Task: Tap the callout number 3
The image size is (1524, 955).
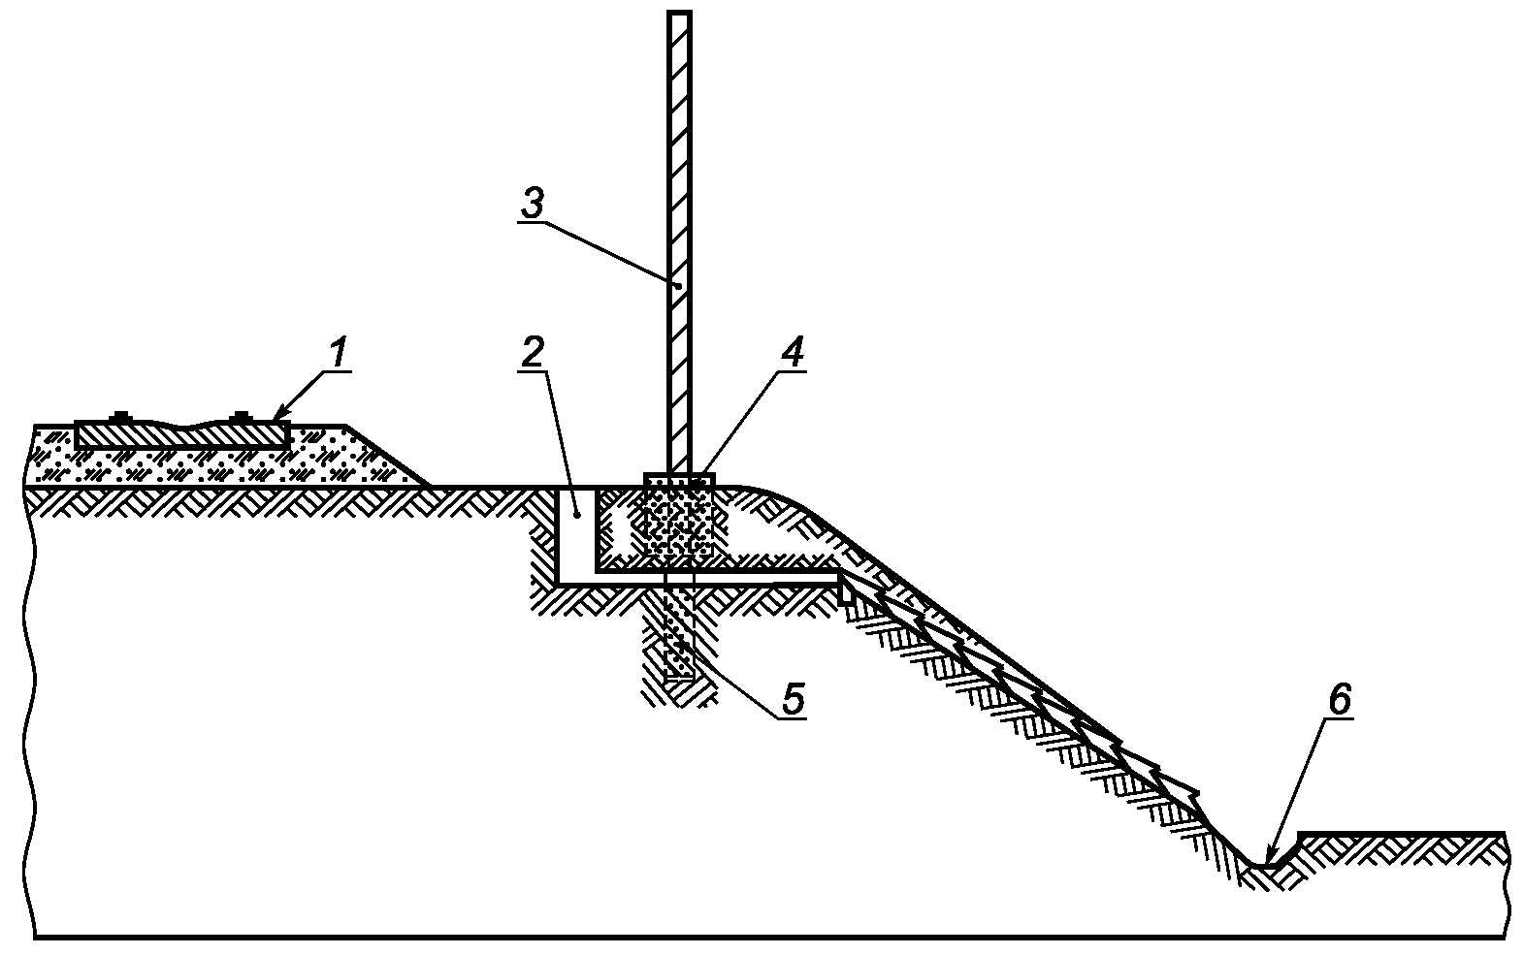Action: click(533, 204)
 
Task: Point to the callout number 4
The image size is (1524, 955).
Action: click(792, 353)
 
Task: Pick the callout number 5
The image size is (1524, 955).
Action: click(794, 699)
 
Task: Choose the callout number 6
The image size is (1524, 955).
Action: click(1340, 700)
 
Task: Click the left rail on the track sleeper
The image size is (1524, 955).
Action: click(120, 416)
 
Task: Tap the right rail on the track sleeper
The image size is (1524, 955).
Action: click(241, 416)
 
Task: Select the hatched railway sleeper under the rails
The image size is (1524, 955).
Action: click(182, 435)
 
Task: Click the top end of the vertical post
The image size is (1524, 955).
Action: click(679, 13)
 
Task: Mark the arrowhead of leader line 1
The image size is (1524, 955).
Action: click(278, 415)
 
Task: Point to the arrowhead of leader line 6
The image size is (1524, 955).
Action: click(1270, 858)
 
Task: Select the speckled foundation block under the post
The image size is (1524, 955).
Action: click(679, 517)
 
